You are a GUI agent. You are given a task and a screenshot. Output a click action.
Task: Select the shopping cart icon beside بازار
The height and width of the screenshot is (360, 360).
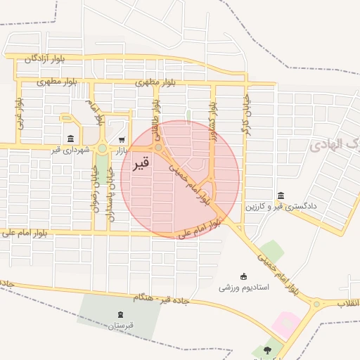click(x=122, y=139)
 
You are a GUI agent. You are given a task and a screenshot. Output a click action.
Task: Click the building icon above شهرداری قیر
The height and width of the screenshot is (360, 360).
click(x=70, y=139)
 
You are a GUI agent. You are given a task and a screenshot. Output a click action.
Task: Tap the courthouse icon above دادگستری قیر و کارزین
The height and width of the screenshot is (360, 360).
click(x=281, y=195)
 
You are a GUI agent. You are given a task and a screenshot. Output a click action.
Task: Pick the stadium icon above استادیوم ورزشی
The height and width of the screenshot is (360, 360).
click(x=244, y=276)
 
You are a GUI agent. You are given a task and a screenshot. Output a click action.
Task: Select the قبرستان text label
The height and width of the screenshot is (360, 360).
click(x=120, y=326)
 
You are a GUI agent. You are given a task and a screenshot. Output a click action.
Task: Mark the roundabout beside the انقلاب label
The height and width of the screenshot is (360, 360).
click(x=316, y=304)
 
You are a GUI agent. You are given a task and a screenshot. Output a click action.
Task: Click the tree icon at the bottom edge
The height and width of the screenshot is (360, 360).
click(x=266, y=349)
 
